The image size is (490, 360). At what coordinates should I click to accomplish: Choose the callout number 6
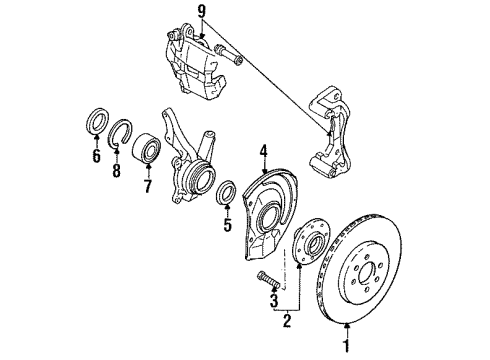pos(95,156)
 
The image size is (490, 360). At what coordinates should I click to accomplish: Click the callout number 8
pos(117,171)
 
